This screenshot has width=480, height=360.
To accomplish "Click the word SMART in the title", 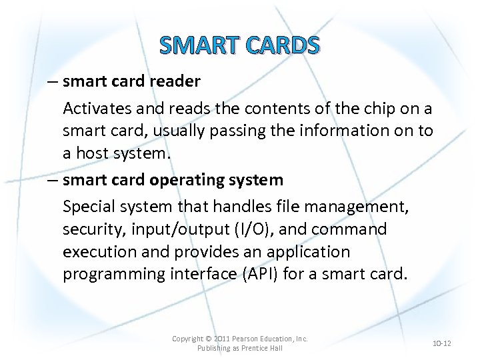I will (200, 45).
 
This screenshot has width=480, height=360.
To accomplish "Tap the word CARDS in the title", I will (283, 45).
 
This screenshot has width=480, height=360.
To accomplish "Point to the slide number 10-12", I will (442, 343).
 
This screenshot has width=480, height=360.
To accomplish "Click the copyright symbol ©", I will (207, 339).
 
